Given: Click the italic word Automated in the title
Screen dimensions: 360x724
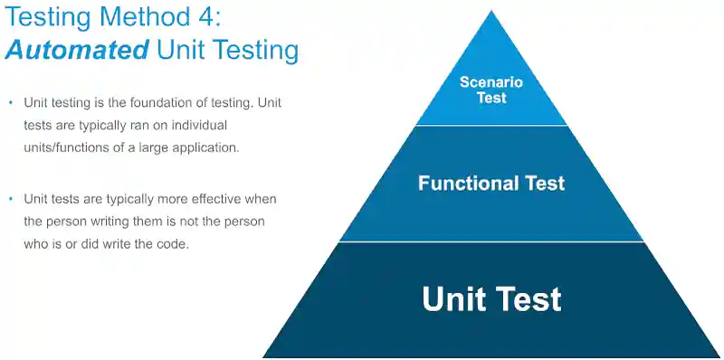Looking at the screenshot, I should (x=76, y=49).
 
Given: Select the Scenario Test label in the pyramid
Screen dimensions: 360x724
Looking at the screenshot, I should (x=492, y=90).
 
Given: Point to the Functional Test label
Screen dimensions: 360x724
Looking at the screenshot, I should (x=491, y=184).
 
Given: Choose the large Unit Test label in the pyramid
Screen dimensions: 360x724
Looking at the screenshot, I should (x=491, y=298).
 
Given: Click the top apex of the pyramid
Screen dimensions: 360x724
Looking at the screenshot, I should (x=492, y=12).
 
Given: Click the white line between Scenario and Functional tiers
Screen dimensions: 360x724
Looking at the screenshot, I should (x=492, y=126).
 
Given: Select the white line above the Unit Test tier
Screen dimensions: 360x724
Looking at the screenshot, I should (x=492, y=242).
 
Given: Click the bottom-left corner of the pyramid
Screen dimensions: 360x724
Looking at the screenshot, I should (x=264, y=356).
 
